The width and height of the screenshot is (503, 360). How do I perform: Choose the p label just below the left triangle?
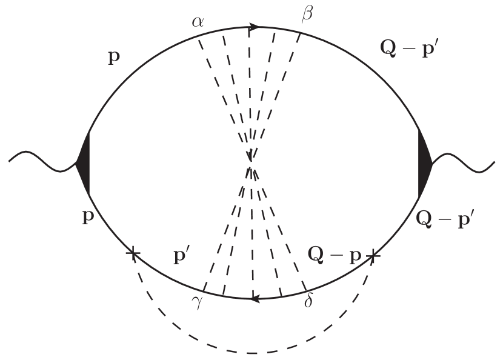(x=88, y=217)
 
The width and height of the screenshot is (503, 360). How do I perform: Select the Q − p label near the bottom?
(x=334, y=255)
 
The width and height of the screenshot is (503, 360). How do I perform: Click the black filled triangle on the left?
(x=84, y=163)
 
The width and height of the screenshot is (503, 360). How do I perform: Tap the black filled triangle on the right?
(x=424, y=163)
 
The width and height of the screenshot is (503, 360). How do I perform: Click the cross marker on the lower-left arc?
(x=132, y=254)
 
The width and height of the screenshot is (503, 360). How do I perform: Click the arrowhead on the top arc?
(x=255, y=27)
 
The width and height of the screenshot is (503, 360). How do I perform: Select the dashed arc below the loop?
(x=251, y=352)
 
